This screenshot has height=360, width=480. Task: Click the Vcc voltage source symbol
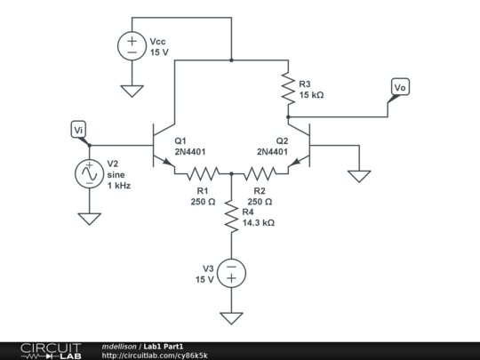coord(132,46)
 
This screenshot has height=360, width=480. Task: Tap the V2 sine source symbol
coord(89,174)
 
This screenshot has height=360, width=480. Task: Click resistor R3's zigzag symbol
coord(288,89)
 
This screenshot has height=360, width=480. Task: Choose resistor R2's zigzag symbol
coord(260,173)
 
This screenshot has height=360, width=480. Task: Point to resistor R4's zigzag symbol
coord(231,217)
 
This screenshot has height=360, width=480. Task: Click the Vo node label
coord(400,87)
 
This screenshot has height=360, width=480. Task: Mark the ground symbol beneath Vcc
coord(132,89)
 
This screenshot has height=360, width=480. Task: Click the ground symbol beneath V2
coord(89,218)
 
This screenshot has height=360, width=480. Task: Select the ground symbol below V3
coord(231,317)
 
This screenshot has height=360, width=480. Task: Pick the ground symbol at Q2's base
coord(359,175)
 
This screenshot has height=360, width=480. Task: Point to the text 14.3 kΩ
coord(258,223)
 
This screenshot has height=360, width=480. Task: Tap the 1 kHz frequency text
coord(118,185)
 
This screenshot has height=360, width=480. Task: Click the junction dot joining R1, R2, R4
coord(231,173)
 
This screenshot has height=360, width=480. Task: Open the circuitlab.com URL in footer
coord(155,355)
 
